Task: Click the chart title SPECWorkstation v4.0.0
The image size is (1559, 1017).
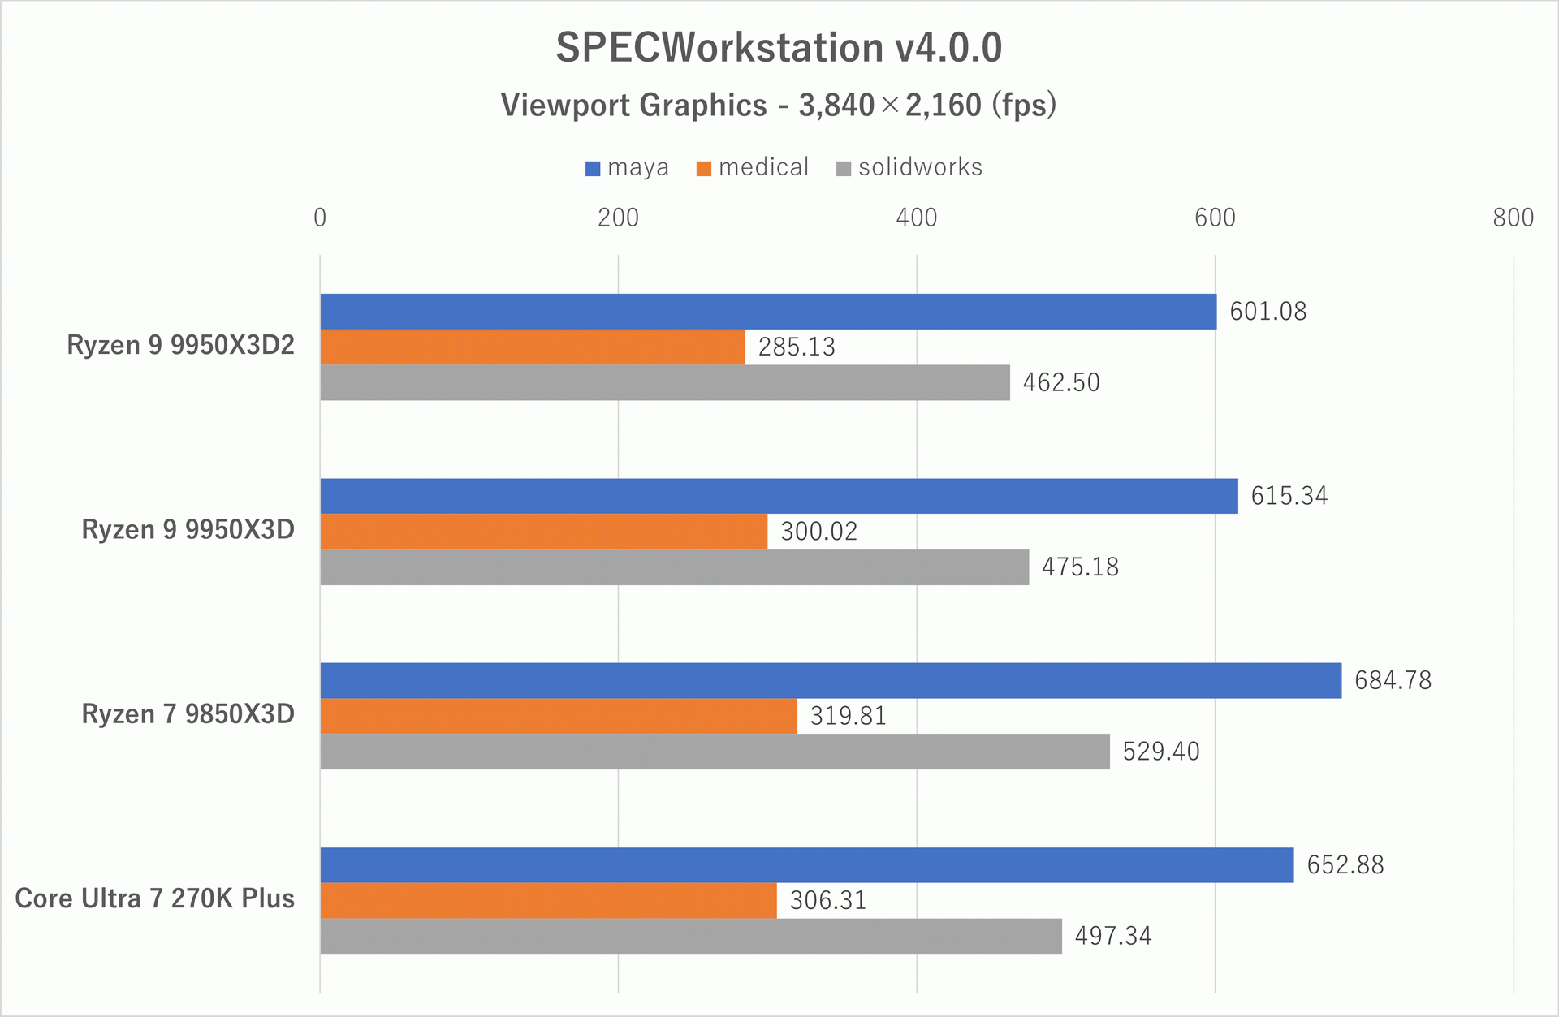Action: coord(779,47)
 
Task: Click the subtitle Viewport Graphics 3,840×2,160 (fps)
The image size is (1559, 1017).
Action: coord(779,106)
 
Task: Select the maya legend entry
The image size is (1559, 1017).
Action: coord(627,167)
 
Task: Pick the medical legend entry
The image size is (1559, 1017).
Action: coord(753,167)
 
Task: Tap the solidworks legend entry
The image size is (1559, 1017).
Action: coord(909,167)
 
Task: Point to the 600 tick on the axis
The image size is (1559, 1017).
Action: coord(1215,218)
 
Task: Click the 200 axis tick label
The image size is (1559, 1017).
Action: coord(618,218)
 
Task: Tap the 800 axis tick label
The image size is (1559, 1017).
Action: coord(1513,218)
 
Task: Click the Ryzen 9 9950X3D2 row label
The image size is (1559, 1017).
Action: coord(180,345)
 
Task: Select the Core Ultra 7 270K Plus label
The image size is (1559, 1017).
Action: coord(154,898)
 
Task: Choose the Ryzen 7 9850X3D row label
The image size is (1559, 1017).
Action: coord(188,714)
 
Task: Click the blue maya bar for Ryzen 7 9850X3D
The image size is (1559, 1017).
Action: coord(830,680)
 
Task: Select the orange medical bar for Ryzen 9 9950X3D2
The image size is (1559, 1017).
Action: coord(533,347)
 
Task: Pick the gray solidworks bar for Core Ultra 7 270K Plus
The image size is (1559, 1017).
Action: coord(690,936)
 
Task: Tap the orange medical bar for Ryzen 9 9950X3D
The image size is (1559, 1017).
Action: coord(543,532)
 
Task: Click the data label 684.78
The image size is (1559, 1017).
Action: coord(1393,680)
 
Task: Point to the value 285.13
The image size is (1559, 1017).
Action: coord(796,347)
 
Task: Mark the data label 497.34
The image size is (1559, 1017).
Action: coord(1112,936)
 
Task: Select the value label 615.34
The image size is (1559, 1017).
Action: coord(1289,496)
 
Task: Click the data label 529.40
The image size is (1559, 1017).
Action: coord(1160,752)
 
